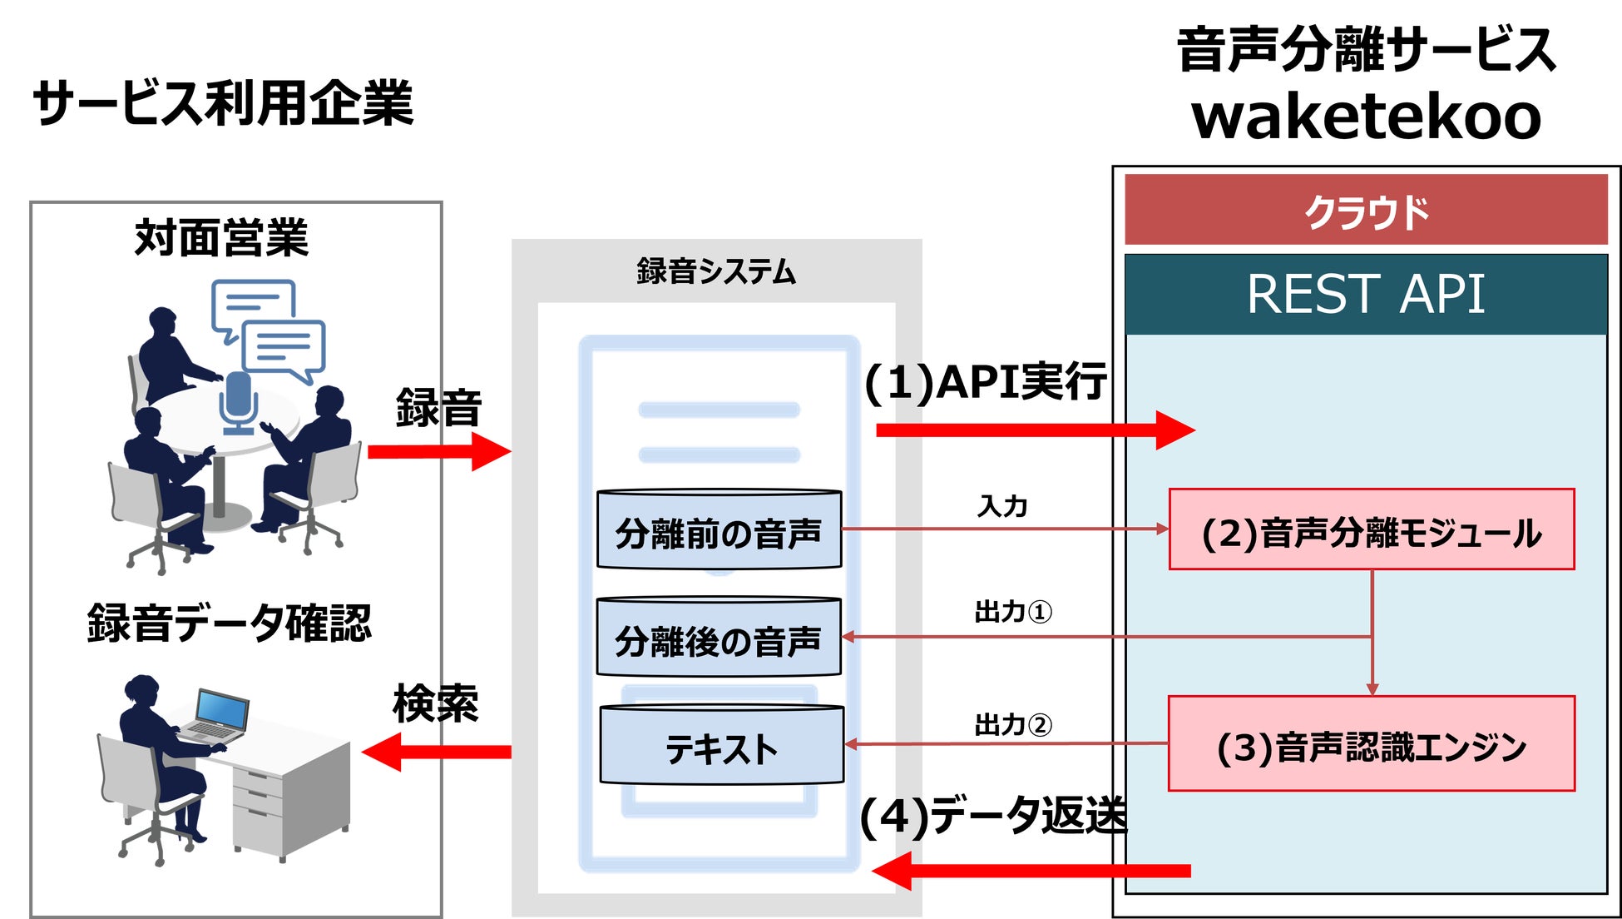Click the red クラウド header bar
point(1366,211)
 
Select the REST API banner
point(1366,294)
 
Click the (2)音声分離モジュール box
point(1372,530)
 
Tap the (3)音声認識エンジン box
point(1372,744)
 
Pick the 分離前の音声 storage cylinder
point(719,531)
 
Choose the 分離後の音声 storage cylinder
point(719,638)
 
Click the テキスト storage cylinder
point(721,746)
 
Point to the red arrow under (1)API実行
point(1035,430)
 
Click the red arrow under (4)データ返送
point(1031,872)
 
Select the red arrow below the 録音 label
point(439,452)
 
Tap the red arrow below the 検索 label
point(437,752)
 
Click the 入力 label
point(1002,506)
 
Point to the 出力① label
point(1012,612)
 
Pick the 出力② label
point(1012,725)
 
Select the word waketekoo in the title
point(1366,117)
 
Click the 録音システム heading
point(716,271)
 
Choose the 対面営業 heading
point(221,238)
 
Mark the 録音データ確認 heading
point(229,623)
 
